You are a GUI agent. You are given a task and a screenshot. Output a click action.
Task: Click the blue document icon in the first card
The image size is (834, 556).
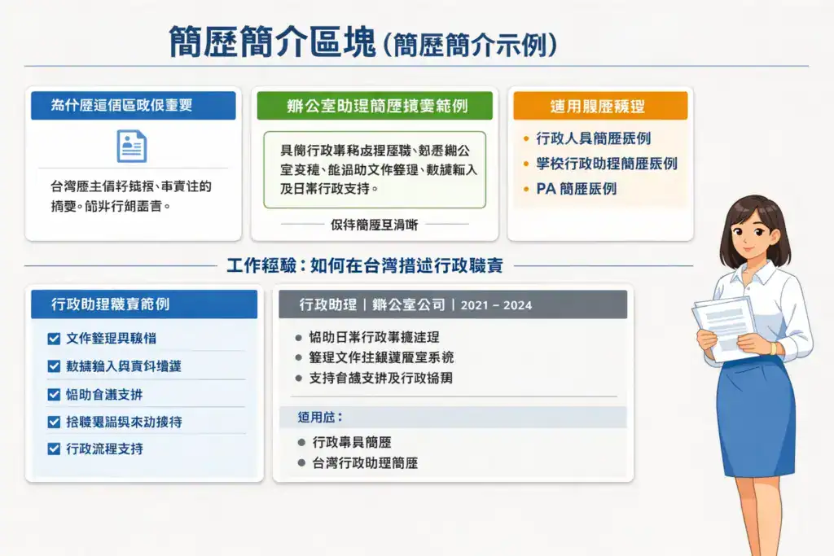(x=132, y=146)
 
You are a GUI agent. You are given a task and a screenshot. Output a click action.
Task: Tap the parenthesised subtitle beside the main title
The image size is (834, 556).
(x=470, y=43)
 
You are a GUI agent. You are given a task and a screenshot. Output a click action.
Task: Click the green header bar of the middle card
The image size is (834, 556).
(x=374, y=106)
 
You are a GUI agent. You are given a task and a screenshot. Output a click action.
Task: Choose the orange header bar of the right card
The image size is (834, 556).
(x=599, y=106)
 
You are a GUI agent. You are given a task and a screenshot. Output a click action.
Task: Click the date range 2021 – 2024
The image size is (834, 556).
(x=496, y=305)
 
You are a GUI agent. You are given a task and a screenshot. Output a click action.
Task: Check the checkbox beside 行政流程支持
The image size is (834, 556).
(x=55, y=449)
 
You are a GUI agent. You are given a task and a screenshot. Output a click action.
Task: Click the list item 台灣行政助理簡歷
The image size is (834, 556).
(x=365, y=463)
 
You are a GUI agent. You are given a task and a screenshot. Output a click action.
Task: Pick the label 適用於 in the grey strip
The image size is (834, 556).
(x=322, y=417)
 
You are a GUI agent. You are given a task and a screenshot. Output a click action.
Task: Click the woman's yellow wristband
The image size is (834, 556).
(x=771, y=348)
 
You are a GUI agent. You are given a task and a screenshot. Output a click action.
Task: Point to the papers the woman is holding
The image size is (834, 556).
(x=724, y=326)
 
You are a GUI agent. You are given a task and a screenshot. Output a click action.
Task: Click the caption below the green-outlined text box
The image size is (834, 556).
(x=374, y=223)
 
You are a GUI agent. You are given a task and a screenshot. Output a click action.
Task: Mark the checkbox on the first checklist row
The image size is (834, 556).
(x=55, y=338)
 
